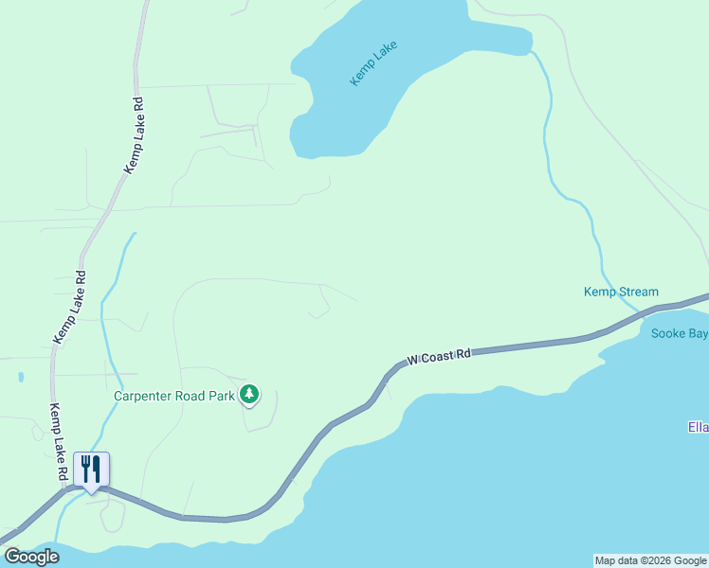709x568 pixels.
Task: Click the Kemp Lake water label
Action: pyautogui.click(x=373, y=63)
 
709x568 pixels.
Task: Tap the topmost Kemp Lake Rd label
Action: pyautogui.click(x=133, y=134)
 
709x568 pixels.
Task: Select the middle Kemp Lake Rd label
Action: pyautogui.click(x=69, y=308)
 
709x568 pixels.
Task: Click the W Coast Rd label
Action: pyautogui.click(x=439, y=357)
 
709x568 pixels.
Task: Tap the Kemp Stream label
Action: pyautogui.click(x=621, y=292)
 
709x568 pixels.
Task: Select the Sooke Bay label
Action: pyautogui.click(x=680, y=333)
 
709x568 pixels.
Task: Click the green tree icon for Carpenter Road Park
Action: pyautogui.click(x=249, y=394)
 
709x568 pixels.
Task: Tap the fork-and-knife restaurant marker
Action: pyautogui.click(x=91, y=470)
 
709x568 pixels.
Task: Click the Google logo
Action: pyautogui.click(x=31, y=557)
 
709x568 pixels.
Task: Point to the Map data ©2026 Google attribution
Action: pyautogui.click(x=650, y=560)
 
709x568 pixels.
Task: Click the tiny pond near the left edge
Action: pyautogui.click(x=21, y=377)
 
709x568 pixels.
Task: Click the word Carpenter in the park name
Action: pyautogui.click(x=145, y=396)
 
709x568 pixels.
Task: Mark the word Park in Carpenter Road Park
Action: pyautogui.click(x=221, y=396)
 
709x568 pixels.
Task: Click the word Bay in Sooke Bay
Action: pyautogui.click(x=698, y=333)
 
